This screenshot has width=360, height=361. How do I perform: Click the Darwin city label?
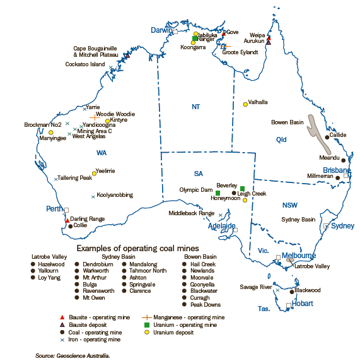point(161,30)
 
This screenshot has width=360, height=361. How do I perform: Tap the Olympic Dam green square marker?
point(218,192)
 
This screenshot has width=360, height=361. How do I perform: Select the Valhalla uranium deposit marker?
point(245,104)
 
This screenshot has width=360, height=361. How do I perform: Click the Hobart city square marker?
point(289,305)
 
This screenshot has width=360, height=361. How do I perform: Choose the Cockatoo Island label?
point(85,64)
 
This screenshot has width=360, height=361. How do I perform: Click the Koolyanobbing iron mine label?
point(115,196)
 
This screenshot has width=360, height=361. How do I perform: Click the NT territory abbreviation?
point(195,107)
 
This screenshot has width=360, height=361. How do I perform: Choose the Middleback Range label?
point(192,213)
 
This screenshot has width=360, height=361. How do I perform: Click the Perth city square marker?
point(67,210)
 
